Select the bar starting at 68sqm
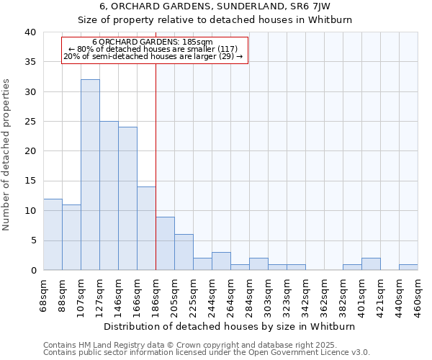coord(53,235)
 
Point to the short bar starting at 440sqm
coord(408,267)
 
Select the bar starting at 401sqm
coord(371,264)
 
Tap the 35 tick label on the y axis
coord(30,62)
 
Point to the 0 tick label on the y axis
coord(33,271)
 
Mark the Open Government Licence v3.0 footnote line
coord(207,352)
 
